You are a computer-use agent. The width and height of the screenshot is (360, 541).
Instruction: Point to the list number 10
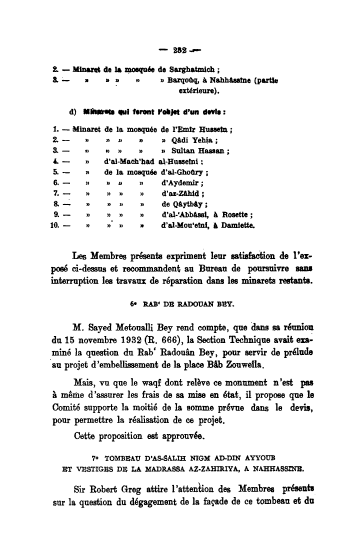point(55,225)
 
